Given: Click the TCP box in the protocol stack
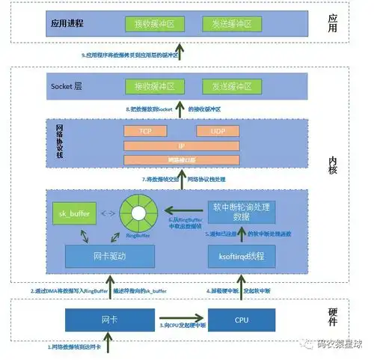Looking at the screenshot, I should tap(147, 131).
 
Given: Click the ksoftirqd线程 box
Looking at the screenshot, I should tap(240, 257).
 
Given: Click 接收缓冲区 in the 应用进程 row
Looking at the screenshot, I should tap(160, 24).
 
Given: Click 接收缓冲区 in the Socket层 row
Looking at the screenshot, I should tap(160, 86).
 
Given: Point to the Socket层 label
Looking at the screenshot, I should tap(67, 86).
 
